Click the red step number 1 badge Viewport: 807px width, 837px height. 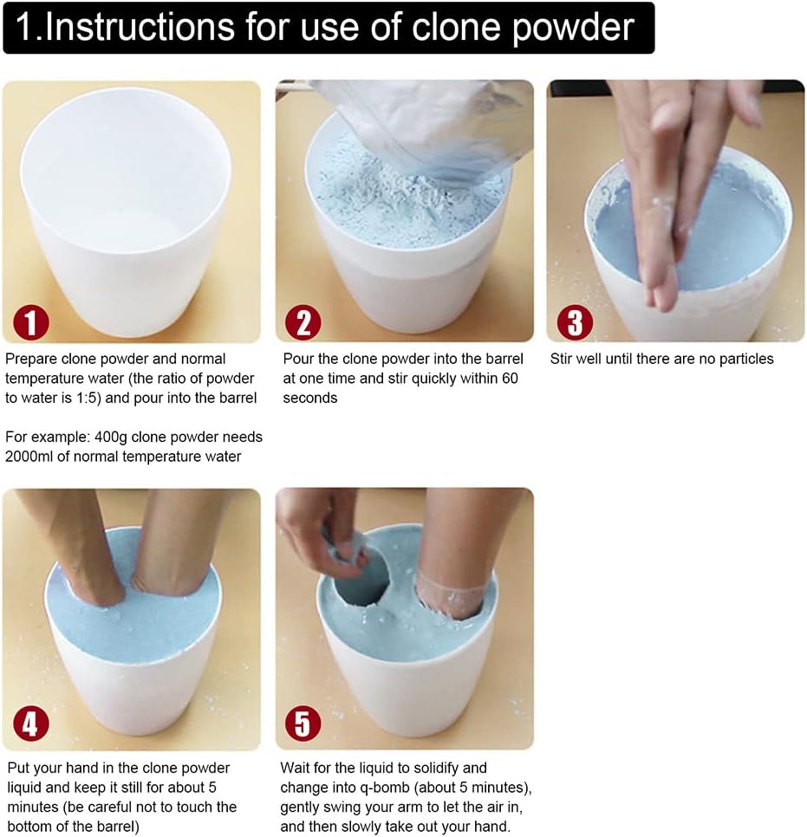click(31, 322)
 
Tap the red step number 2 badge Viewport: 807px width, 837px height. click(303, 322)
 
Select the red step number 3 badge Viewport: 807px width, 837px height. click(575, 322)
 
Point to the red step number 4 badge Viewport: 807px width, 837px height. click(31, 723)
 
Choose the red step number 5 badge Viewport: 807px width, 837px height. click(303, 723)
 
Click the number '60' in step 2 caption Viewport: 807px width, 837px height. click(510, 379)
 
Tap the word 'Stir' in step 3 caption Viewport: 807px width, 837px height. click(562, 359)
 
